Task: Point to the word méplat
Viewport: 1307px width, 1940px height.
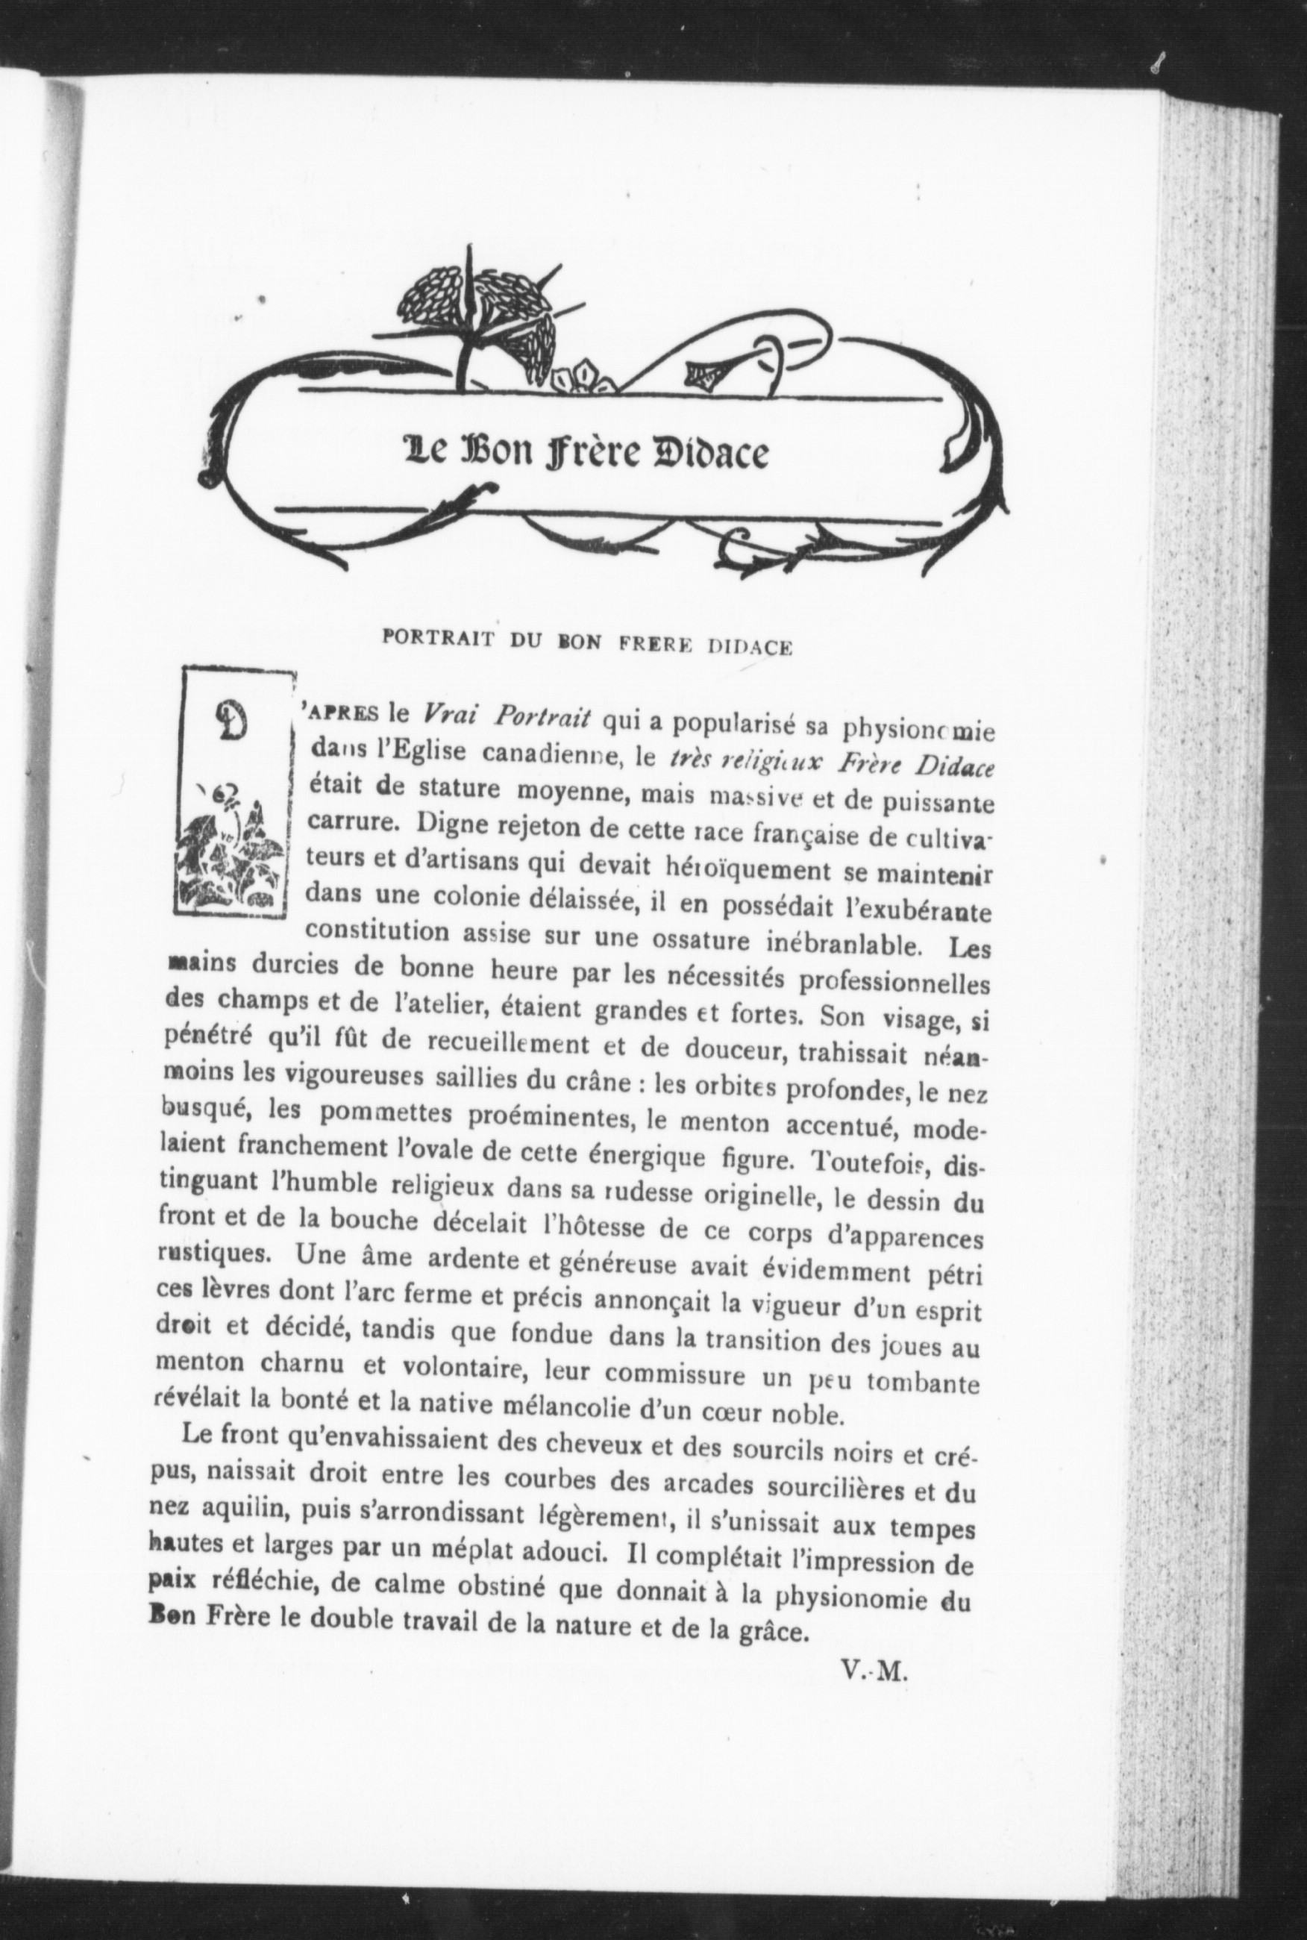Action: pos(471,1548)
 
